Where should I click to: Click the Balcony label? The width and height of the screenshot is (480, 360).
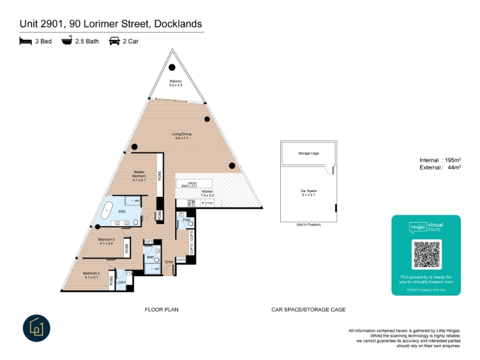[175, 81]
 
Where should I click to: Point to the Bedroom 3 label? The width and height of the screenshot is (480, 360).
[106, 239]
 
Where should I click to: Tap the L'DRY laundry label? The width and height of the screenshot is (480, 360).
[122, 282]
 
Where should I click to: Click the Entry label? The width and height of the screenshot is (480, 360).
[169, 262]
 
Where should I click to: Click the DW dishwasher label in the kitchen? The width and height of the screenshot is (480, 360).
[185, 187]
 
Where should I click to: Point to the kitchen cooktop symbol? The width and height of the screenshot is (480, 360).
[193, 203]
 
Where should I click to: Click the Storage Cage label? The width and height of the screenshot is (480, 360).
[308, 154]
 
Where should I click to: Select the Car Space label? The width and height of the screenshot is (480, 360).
[308, 191]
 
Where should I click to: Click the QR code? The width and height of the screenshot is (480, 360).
[426, 254]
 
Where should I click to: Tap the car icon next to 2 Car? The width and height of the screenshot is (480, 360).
[114, 41]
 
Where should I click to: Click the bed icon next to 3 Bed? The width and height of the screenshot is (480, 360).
[25, 41]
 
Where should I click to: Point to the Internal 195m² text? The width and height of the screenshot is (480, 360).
[440, 160]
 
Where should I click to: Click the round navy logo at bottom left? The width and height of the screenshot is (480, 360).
[37, 328]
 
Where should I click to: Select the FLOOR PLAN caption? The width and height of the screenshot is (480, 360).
[162, 310]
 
